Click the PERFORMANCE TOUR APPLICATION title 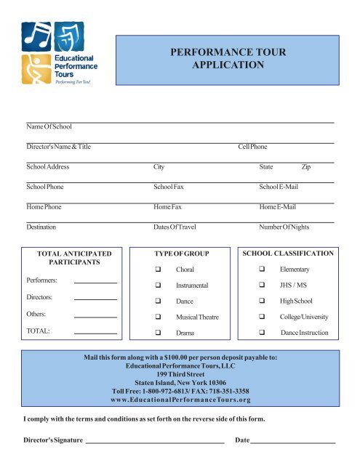[x=228, y=59]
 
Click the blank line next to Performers [x=95, y=281]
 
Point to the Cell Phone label [x=253, y=147]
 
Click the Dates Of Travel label [x=175, y=227]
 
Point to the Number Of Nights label [x=284, y=227]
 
